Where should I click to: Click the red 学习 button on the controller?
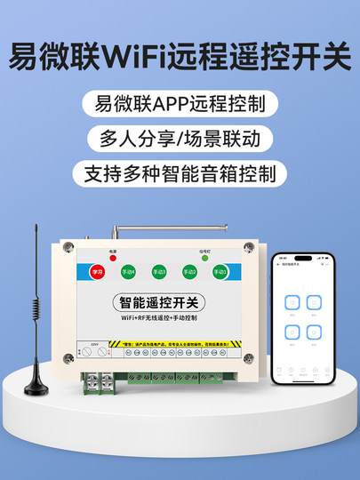(x=99, y=272)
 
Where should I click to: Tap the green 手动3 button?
(x=159, y=272)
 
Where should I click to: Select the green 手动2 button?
(x=188, y=272)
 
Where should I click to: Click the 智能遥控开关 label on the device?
(x=159, y=304)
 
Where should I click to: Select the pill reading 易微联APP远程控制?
(x=180, y=103)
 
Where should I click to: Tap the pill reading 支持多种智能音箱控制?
(x=180, y=172)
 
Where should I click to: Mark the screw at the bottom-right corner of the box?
(x=249, y=359)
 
